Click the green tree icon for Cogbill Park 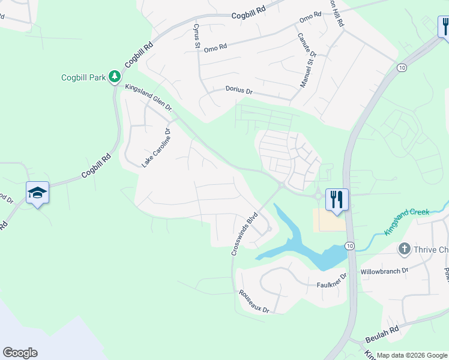114,77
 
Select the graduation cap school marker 37,193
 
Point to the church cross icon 405,248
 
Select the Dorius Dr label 239,91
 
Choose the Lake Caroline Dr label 156,148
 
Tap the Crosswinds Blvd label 244,233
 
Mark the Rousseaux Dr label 254,301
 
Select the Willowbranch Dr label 384,271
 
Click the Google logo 20,353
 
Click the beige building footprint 329,220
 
